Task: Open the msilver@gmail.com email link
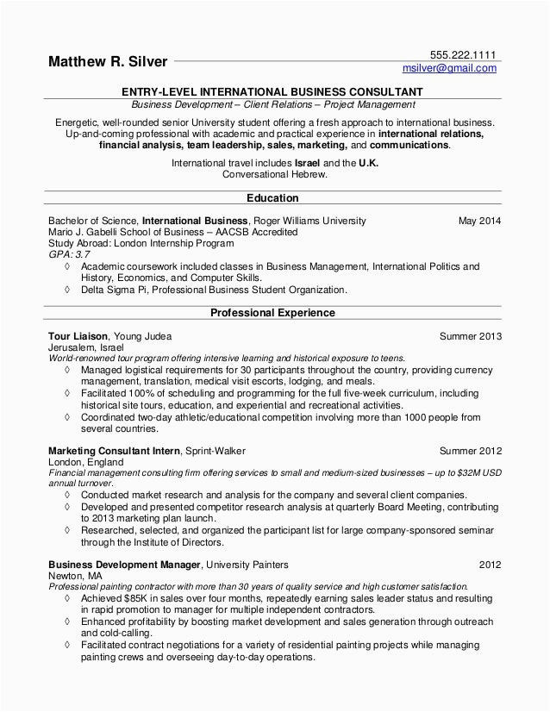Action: coord(450,68)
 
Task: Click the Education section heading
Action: coord(272,197)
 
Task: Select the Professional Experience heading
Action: coord(272,312)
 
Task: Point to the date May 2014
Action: coord(479,221)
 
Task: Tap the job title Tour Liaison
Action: coord(78,335)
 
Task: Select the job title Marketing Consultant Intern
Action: coord(114,450)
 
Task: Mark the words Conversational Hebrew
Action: coord(274,173)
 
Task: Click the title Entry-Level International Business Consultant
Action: coord(272,91)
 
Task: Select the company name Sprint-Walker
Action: coord(216,450)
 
